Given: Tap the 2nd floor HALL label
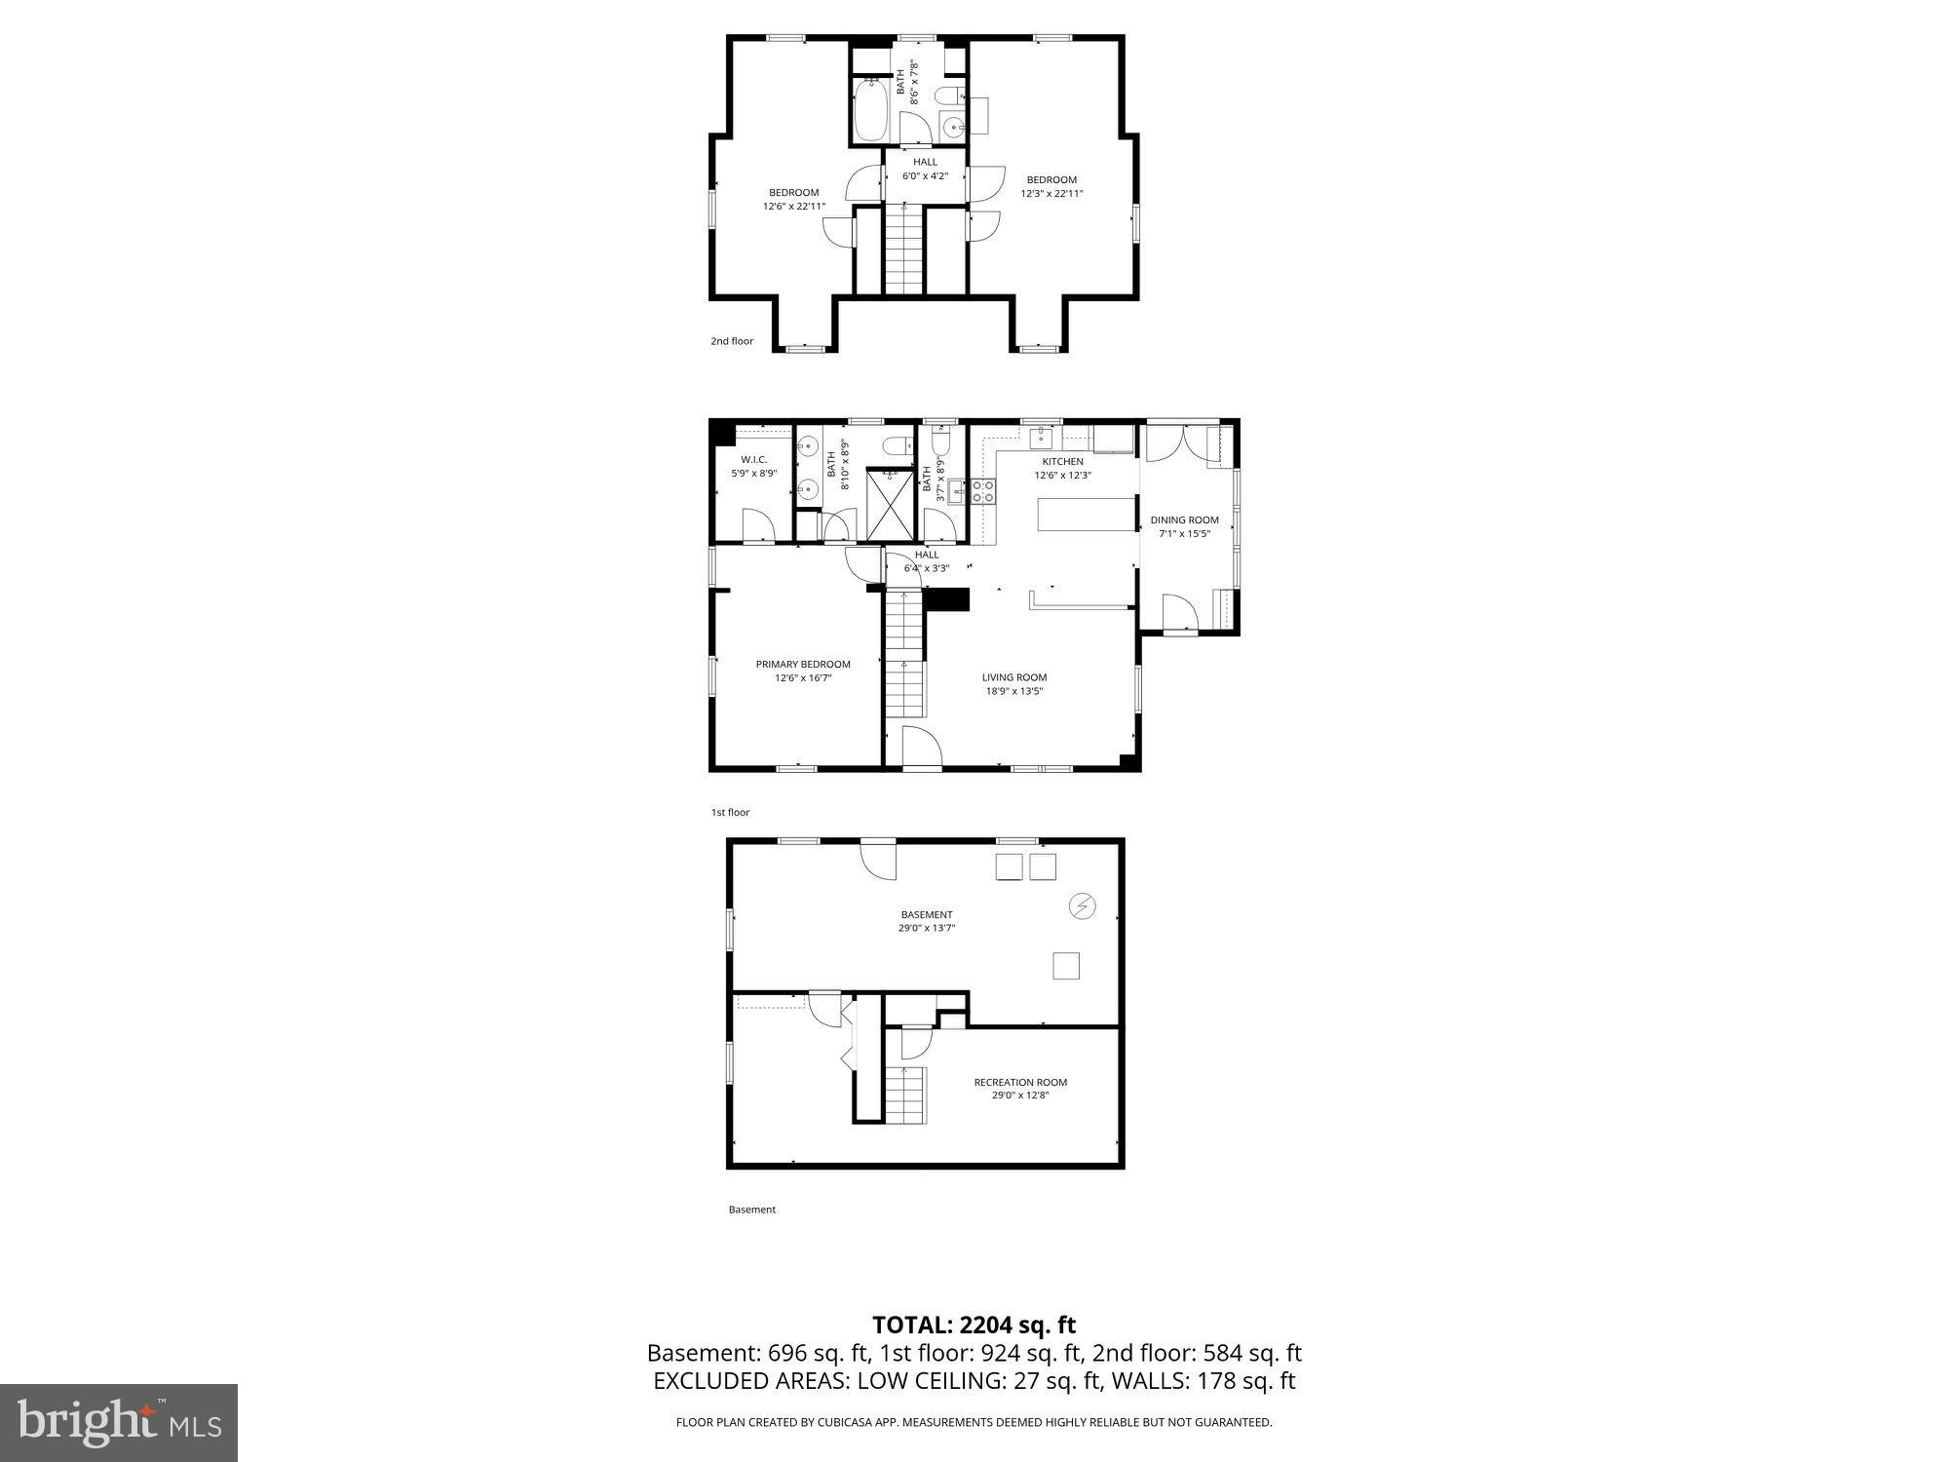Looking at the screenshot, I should (x=925, y=162).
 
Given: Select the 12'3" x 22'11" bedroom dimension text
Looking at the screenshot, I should (x=1051, y=194).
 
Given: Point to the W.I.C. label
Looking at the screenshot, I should (x=753, y=460).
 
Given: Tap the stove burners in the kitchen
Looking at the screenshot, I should (x=982, y=491).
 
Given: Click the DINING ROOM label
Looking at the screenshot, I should (x=1184, y=520).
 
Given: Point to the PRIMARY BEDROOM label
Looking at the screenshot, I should (x=803, y=665).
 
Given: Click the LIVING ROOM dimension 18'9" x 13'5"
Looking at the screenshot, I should (x=1013, y=691).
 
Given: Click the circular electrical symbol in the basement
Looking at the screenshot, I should (x=1083, y=906).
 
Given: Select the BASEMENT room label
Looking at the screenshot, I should (x=927, y=914).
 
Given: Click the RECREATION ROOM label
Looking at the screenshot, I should (x=1020, y=1082).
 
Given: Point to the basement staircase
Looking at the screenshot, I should (x=904, y=1094).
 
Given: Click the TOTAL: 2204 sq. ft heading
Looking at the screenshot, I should (x=974, y=1326).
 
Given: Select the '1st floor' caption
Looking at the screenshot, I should (x=730, y=812).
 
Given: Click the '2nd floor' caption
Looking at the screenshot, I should (x=732, y=341).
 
